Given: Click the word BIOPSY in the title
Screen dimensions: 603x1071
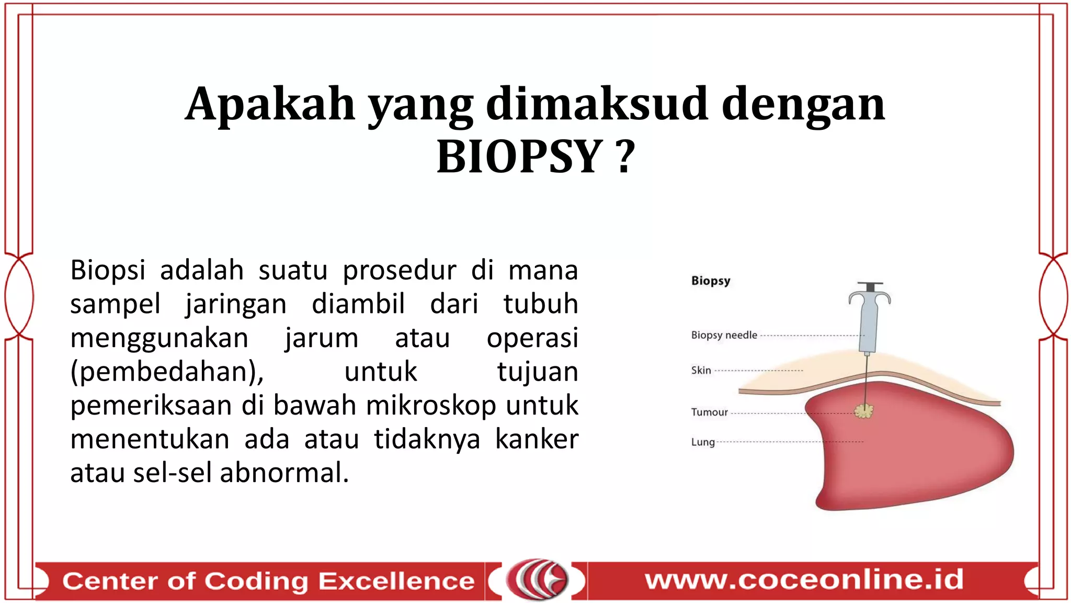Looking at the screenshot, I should (519, 157).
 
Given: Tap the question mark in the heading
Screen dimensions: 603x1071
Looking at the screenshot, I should (624, 157).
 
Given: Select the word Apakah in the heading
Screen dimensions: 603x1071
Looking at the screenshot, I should (270, 104).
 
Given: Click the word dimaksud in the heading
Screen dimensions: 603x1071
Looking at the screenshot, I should (597, 104).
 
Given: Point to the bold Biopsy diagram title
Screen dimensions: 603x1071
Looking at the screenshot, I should (710, 281).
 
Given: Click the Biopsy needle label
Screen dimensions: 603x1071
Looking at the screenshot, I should (724, 335).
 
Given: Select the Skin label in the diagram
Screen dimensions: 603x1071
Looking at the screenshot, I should (701, 371).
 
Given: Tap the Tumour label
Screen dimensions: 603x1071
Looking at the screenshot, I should (709, 412).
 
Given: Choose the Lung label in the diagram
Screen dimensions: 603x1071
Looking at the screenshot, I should (702, 442).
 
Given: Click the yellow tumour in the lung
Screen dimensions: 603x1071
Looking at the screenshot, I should (864, 411).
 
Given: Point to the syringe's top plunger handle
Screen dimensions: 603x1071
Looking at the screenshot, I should (869, 286).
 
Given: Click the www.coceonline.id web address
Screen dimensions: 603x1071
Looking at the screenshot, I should (804, 579).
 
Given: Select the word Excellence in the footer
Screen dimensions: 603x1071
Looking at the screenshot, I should (396, 581).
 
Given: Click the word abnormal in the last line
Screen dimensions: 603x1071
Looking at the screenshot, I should (283, 473).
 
